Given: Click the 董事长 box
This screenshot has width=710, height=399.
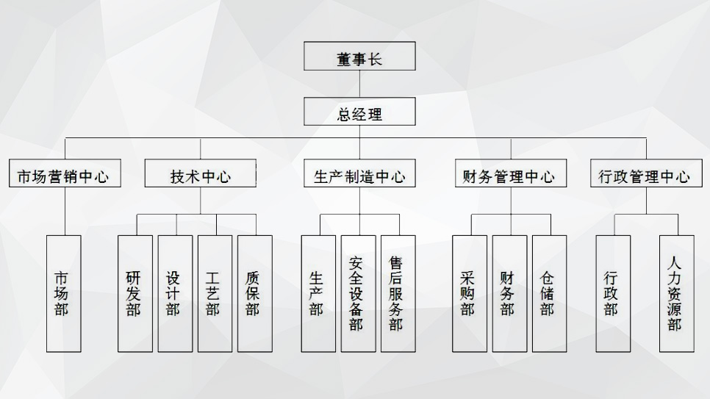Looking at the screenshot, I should click(359, 57).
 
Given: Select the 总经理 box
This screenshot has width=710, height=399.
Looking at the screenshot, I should click(359, 112).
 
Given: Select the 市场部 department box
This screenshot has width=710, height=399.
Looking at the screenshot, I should click(64, 293).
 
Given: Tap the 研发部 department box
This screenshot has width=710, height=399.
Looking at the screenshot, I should click(135, 293).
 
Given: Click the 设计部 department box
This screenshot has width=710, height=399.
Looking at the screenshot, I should click(175, 293).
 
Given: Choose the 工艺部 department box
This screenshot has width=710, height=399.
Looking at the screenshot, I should click(215, 293).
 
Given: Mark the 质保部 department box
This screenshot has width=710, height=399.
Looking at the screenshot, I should click(254, 293).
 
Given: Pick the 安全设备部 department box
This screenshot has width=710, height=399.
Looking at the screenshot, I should click(358, 293).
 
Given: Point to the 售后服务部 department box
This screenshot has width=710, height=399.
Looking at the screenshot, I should click(398, 293).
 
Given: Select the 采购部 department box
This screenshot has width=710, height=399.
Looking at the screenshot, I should click(470, 293).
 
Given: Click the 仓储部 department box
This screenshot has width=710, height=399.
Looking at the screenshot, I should click(549, 293).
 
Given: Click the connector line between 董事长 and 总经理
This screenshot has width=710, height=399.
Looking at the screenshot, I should click(359, 84).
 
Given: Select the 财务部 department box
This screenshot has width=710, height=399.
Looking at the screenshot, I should click(509, 293).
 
